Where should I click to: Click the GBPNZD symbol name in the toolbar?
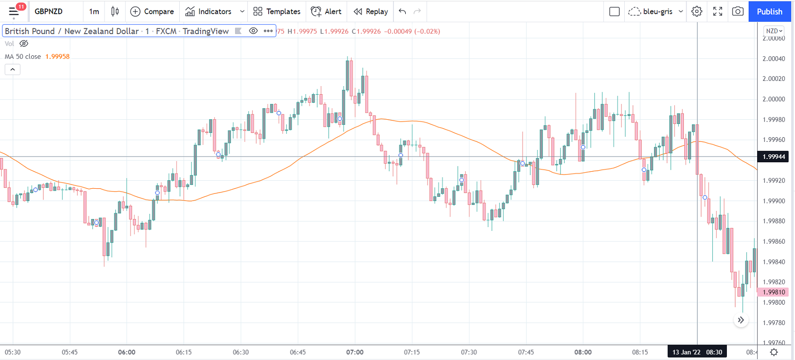[x=48, y=11]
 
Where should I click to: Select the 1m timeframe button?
[x=94, y=11]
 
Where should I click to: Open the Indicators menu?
[x=209, y=11]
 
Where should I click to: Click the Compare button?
[x=152, y=11]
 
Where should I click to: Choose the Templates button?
[x=277, y=11]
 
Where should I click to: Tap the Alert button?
[x=326, y=11]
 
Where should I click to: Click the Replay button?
[x=371, y=11]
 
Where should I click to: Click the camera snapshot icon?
[x=737, y=11]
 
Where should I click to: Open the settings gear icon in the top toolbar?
[x=697, y=11]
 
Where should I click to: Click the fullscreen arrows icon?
[x=717, y=11]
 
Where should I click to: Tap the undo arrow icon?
[x=402, y=11]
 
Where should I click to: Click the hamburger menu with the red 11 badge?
[x=14, y=11]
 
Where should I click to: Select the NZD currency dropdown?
[x=774, y=31]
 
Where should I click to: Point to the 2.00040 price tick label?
[x=774, y=59]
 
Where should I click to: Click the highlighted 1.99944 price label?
[x=774, y=157]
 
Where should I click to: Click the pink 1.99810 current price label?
[x=774, y=292]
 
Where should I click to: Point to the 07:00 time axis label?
[x=355, y=352]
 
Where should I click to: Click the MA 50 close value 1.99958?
[x=57, y=56]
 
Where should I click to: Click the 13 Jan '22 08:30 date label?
[x=697, y=352]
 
